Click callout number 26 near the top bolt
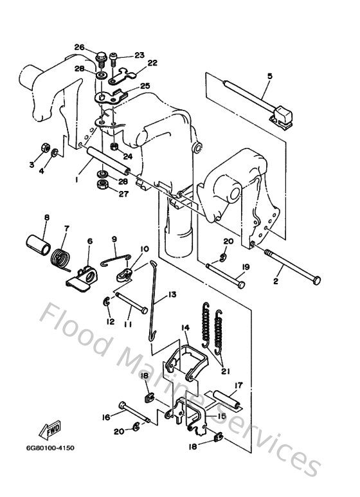click(x=79, y=47)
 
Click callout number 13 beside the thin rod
click(x=172, y=294)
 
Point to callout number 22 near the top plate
click(x=152, y=63)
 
